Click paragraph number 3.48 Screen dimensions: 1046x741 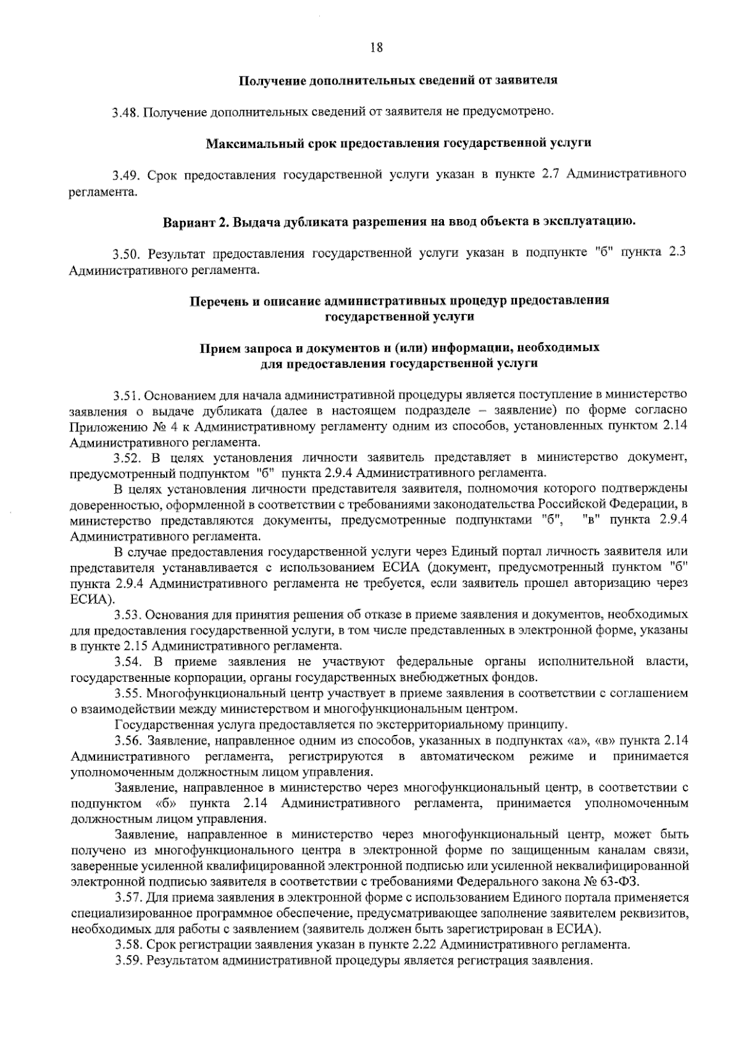[x=126, y=112]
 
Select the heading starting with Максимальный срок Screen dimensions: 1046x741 [x=398, y=143]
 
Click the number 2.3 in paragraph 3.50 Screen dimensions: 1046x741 [x=678, y=254]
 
